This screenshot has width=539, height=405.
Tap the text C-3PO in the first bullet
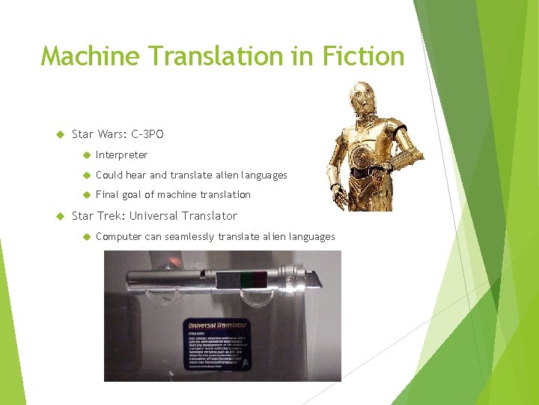coord(147,134)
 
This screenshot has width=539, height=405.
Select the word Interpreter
coord(122,155)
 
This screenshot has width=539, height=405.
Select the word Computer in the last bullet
coord(118,236)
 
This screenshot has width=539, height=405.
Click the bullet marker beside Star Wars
coord(61,135)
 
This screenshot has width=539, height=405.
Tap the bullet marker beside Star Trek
coord(61,217)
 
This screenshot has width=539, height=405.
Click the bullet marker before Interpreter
coord(86,155)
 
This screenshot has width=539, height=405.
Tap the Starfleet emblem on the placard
coord(244,361)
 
